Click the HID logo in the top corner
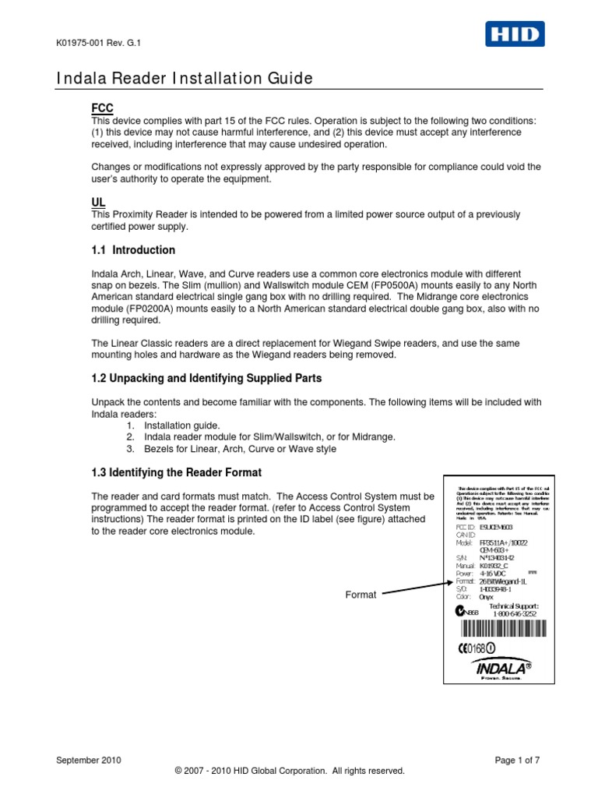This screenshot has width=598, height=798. click(515, 34)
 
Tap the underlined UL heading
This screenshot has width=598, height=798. click(98, 202)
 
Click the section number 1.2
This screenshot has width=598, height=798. click(100, 378)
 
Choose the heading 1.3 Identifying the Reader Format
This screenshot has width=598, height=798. click(177, 473)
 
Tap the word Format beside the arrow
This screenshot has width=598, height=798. click(361, 595)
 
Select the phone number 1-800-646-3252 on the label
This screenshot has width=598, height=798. click(513, 613)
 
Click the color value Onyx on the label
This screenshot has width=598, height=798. click(488, 596)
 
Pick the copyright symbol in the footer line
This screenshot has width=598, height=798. click(179, 771)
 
